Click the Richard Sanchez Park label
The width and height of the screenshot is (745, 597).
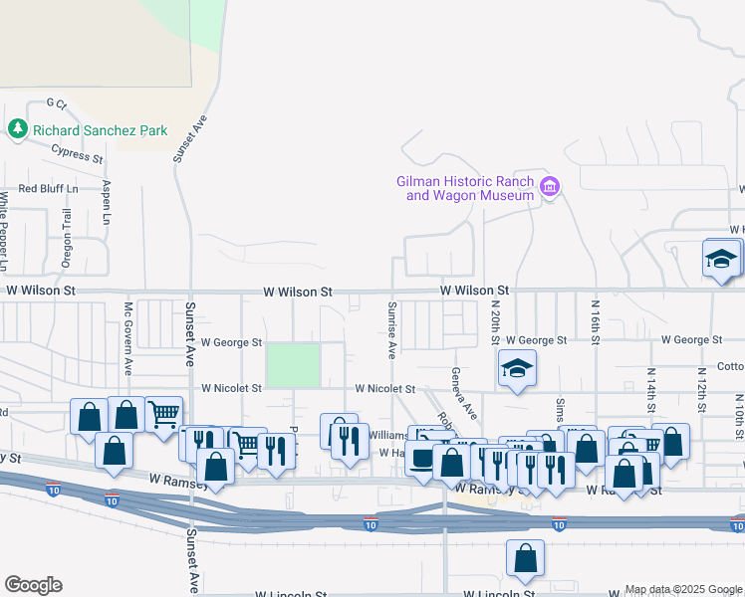pos(100,130)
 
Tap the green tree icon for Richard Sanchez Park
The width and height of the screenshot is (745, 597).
pos(17,129)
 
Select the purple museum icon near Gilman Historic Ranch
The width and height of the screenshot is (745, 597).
pos(549,187)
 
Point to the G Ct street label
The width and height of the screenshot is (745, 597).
pos(56,103)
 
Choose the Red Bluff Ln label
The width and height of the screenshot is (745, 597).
pos(48,187)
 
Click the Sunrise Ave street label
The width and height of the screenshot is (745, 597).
pos(392,328)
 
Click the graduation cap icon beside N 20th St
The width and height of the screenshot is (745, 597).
pos(517,368)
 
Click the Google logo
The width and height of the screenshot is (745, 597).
pos(33,585)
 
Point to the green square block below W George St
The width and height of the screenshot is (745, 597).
pos(294,365)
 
